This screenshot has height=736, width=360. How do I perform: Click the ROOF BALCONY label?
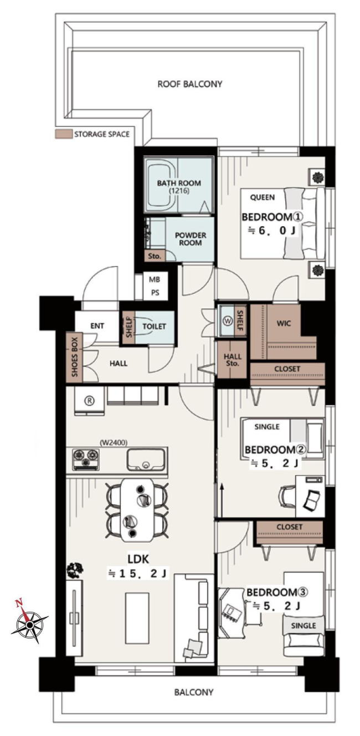tap(189, 84)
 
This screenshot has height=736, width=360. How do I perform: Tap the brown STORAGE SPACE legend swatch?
tap(63, 134)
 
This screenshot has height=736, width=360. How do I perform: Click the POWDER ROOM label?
tap(191, 239)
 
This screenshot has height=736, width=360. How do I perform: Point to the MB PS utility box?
tap(154, 286)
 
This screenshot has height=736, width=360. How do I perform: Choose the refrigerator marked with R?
tap(89, 401)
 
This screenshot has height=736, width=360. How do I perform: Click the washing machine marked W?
tap(227, 321)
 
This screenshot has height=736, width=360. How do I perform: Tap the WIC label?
tap(284, 323)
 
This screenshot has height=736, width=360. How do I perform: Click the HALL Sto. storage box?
tap(232, 360)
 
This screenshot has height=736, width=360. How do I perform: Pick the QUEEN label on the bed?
tap(263, 197)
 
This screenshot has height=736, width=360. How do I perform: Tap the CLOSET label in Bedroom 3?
tap(289, 527)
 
